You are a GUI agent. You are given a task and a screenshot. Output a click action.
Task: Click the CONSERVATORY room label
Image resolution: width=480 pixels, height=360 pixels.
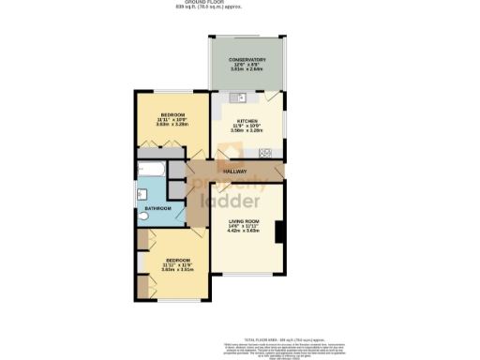point(247,60)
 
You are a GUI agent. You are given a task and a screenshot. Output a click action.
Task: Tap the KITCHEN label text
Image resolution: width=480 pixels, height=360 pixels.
point(247,122)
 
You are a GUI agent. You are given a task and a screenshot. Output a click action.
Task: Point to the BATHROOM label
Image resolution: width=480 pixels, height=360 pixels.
point(157,208)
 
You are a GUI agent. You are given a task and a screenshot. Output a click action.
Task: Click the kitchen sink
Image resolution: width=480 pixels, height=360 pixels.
point(242,97)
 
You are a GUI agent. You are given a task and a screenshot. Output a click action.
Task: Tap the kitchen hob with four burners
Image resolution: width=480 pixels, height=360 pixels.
point(266,152)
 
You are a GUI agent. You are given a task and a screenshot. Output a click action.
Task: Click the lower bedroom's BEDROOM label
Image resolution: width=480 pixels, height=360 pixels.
point(178,260)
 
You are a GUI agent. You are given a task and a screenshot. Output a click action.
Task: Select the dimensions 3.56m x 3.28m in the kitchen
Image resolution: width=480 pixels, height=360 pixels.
point(247,132)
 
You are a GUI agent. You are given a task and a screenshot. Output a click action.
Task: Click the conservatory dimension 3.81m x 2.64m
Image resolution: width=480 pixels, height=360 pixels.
point(247,70)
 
